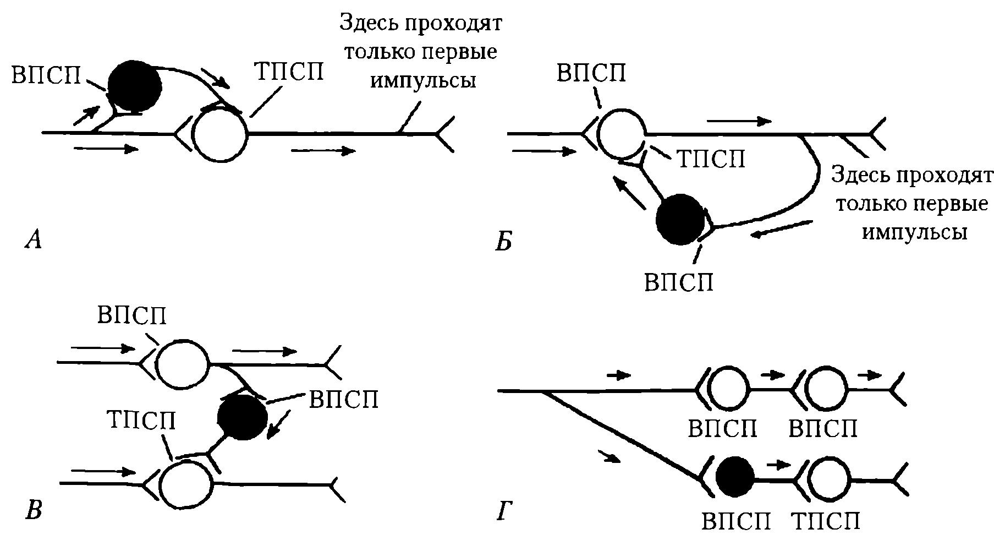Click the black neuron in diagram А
point(134,85)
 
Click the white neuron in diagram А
point(221,133)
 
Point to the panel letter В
point(34,510)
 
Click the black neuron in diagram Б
point(680,219)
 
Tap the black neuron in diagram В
point(243,417)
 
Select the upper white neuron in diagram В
point(183,364)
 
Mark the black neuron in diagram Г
point(737,477)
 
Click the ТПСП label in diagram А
point(289,72)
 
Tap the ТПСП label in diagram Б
point(710,159)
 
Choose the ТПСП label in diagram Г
point(826,520)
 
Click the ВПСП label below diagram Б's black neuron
point(679,282)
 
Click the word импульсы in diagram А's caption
point(423,81)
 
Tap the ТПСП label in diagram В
point(141,421)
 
